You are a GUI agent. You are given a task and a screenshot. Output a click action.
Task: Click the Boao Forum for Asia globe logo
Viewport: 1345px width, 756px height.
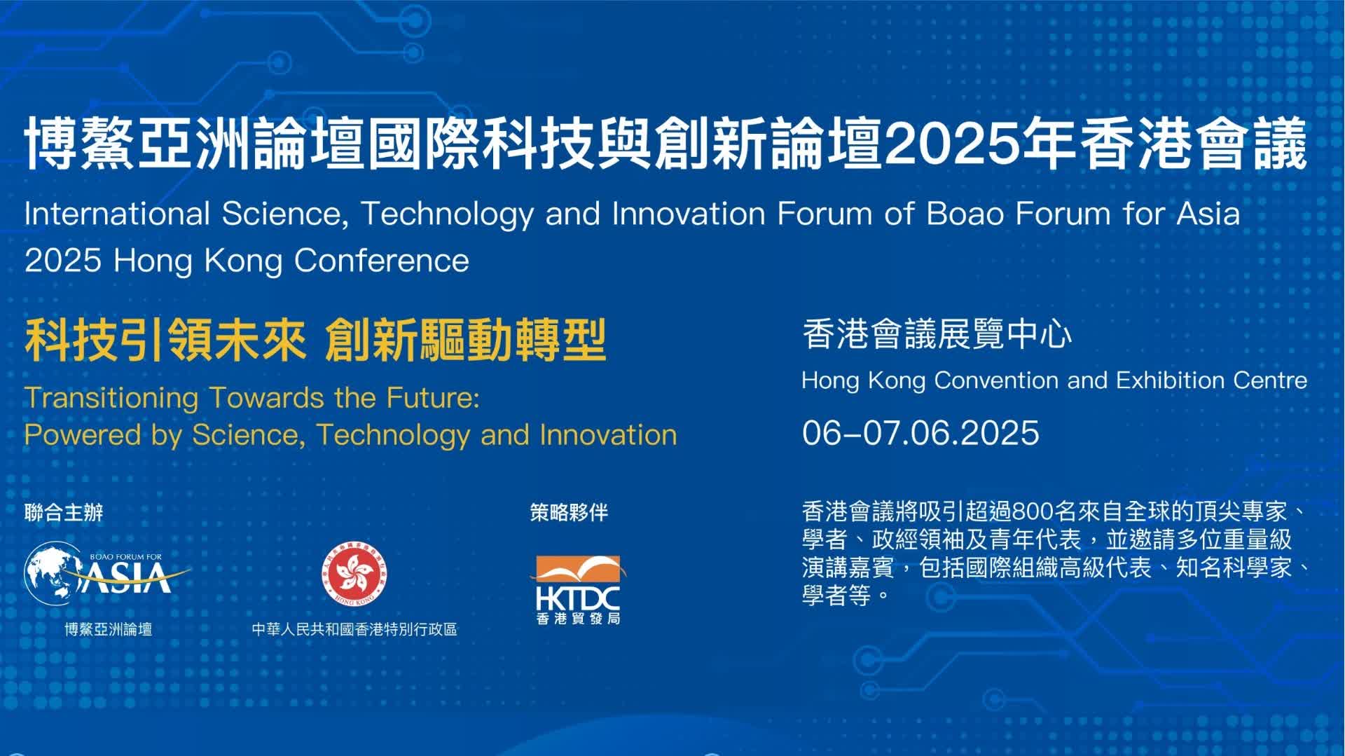(107, 574)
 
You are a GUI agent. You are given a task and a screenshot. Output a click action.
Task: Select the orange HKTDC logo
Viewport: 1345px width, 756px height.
(578, 589)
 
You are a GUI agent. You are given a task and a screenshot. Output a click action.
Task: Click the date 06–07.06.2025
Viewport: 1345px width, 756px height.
(920, 433)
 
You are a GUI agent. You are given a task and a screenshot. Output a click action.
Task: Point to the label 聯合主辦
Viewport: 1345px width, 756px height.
(64, 513)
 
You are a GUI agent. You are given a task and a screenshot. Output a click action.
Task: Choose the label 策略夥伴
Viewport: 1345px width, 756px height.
(569, 513)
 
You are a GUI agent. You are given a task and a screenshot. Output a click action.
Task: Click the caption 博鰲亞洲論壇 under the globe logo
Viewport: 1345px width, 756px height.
(109, 629)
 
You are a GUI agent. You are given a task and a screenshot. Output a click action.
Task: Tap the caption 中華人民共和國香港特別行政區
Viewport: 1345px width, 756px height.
(354, 629)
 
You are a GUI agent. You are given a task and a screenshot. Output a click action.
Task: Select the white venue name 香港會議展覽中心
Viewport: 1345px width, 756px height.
(937, 334)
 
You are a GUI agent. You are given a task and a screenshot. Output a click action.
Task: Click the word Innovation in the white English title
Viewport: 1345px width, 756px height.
(689, 214)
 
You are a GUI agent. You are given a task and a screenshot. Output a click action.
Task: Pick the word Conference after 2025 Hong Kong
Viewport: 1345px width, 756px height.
(382, 261)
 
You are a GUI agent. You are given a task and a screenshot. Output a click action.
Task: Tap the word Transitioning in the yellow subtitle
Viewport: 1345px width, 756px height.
(112, 399)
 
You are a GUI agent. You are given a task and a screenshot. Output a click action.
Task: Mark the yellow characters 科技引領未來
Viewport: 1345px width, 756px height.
(166, 341)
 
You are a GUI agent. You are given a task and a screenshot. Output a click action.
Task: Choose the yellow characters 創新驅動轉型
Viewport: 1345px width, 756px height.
(466, 341)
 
